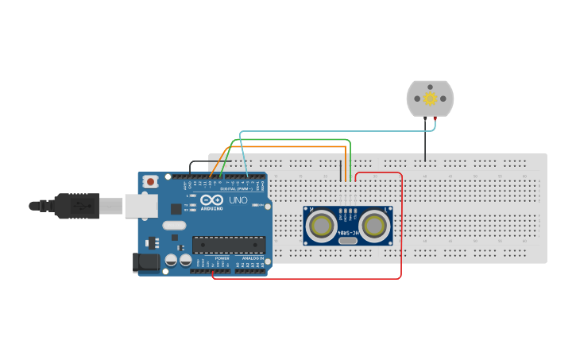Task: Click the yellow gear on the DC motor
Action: point(430,99)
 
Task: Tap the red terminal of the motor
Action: point(435,118)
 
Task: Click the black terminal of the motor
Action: point(425,118)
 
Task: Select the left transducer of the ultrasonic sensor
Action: point(322,226)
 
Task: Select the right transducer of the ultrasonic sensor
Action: point(374,226)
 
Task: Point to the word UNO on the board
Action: point(238,200)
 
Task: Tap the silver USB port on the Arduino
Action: point(141,206)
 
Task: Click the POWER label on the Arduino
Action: point(222,258)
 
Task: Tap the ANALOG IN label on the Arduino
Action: point(252,258)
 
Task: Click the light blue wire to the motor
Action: point(334,131)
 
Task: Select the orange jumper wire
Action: point(286,147)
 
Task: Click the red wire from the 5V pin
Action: point(401,238)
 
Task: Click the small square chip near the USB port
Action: point(176,209)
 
